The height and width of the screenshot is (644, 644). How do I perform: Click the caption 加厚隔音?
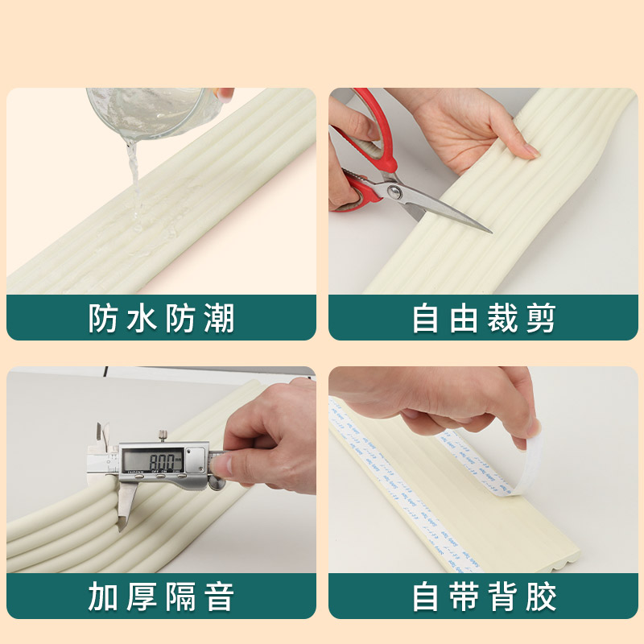(x=161, y=598)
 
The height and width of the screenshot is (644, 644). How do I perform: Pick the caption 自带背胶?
(x=483, y=598)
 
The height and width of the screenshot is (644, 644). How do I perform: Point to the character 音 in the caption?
(x=219, y=598)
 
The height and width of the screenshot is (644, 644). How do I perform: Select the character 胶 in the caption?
(x=541, y=598)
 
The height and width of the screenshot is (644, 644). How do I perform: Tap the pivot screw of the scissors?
(x=394, y=191)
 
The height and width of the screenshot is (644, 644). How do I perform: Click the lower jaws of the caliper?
(x=124, y=507)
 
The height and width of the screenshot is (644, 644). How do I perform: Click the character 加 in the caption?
(x=103, y=598)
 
